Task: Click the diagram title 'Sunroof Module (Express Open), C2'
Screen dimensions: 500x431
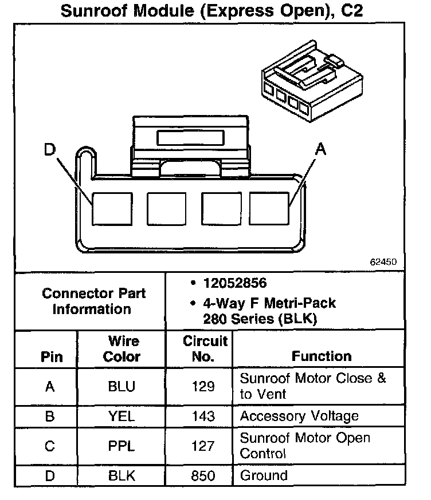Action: (211, 11)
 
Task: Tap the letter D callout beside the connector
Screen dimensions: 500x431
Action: (50, 150)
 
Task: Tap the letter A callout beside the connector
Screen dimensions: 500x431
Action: (320, 150)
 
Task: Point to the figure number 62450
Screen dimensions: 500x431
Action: (383, 261)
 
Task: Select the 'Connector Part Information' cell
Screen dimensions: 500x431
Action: (93, 301)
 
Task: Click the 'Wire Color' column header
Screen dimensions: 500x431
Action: (122, 349)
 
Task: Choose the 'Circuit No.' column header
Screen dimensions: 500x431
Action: (205, 349)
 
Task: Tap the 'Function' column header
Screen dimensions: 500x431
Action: (322, 356)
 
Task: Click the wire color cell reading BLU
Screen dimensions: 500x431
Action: (122, 387)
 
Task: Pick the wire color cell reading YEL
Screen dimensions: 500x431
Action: (122, 416)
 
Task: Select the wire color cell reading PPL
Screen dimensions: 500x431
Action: (122, 446)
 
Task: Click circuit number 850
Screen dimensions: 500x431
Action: (204, 476)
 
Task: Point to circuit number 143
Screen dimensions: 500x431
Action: (204, 416)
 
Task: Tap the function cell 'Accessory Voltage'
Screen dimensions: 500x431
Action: (299, 416)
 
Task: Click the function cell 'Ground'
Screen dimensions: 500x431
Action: (264, 475)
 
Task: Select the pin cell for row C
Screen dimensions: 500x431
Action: (49, 446)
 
